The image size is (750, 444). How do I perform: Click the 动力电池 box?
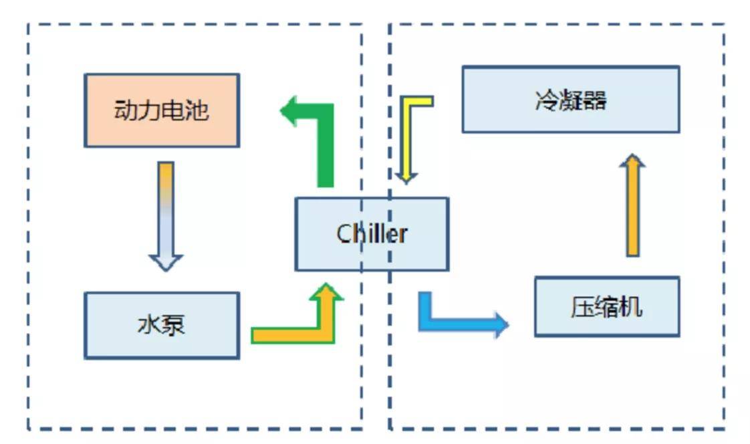161,110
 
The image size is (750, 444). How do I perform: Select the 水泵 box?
161,325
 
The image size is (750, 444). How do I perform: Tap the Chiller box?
372,234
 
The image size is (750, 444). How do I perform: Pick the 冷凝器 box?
570,99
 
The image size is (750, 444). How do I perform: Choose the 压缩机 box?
606,306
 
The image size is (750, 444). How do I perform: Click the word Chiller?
372,234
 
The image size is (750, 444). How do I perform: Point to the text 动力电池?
161,110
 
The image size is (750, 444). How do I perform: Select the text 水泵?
161,325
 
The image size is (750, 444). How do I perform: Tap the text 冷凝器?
570,100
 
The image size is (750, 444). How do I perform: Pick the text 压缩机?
606,307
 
